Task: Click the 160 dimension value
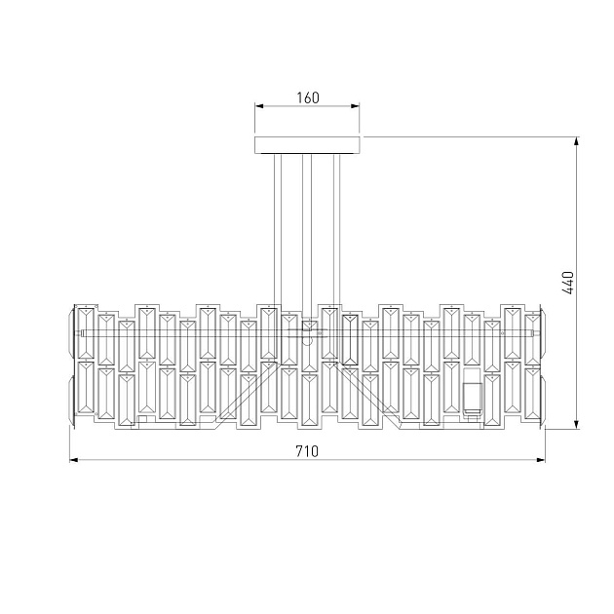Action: pyautogui.click(x=308, y=97)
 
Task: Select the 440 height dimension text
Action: pyautogui.click(x=568, y=283)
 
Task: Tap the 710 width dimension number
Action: pyautogui.click(x=307, y=451)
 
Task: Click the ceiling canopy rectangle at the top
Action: pyautogui.click(x=307, y=145)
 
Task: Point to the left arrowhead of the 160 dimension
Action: pyautogui.click(x=259, y=105)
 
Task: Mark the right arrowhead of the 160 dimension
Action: pyautogui.click(x=355, y=105)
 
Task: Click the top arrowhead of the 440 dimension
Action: pyautogui.click(x=576, y=141)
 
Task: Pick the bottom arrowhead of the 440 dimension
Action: pyautogui.click(x=576, y=424)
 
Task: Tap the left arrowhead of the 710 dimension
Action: pyautogui.click(x=74, y=460)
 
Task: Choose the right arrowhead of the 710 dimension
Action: pyautogui.click(x=540, y=460)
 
